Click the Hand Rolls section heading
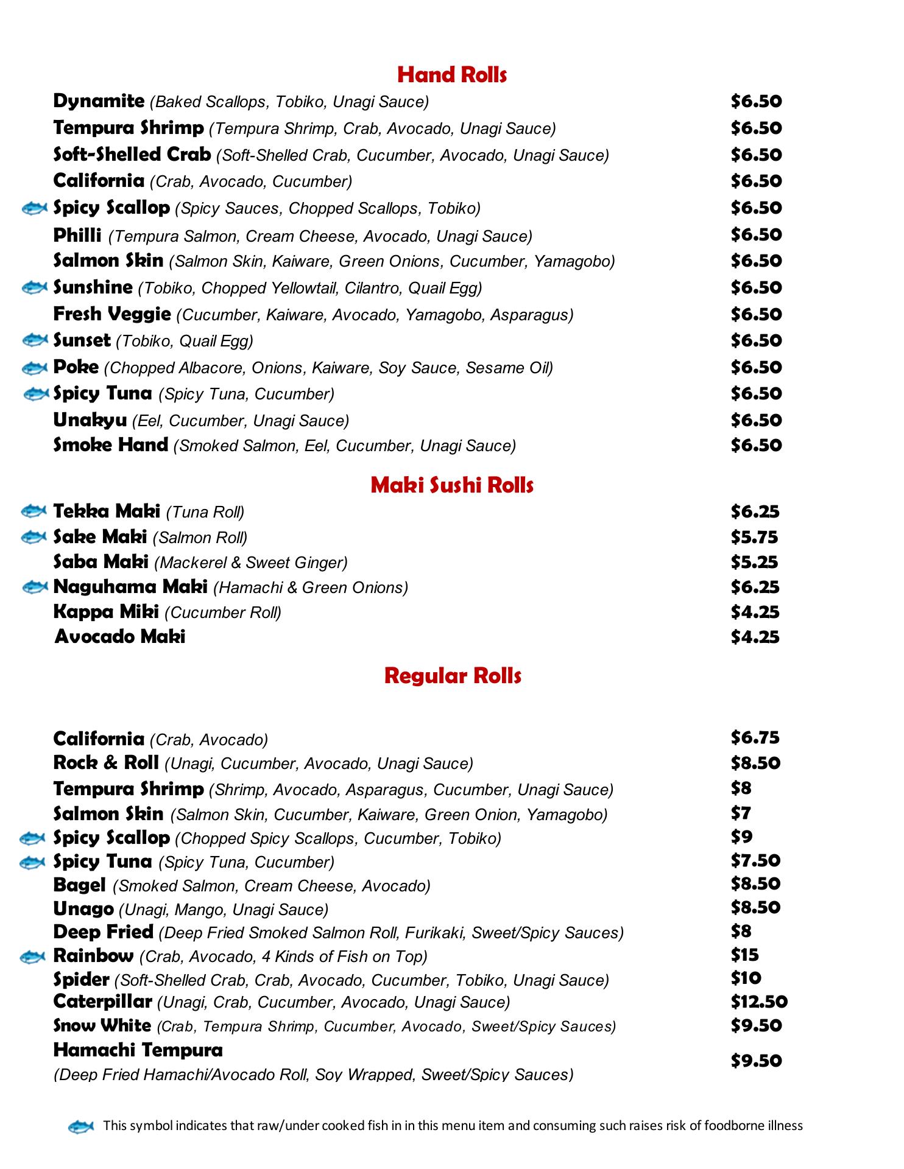[x=451, y=75]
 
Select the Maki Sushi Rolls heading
[x=451, y=485]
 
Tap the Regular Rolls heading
[x=453, y=676]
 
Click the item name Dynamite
[x=99, y=101]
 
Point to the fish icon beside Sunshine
[x=35, y=287]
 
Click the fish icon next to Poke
[x=35, y=368]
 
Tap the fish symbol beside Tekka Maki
[x=34, y=510]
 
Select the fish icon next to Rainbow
[x=33, y=957]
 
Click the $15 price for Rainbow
[x=744, y=955]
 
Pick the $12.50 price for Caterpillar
[x=759, y=1002]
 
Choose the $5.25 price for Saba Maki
[x=755, y=562]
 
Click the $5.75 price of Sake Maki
[x=755, y=537]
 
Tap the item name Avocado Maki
[x=120, y=637]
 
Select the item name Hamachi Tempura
[x=138, y=1050]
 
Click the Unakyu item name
[x=90, y=420]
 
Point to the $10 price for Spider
[x=746, y=978]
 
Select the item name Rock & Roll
[x=106, y=763]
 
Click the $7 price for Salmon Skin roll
[x=741, y=813]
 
